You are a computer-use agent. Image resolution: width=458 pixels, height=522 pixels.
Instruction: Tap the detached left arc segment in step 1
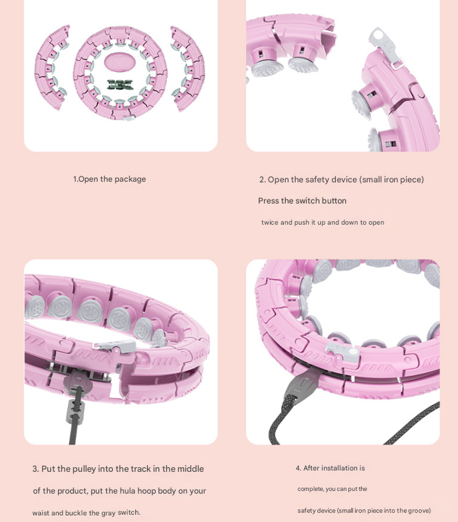[51, 66]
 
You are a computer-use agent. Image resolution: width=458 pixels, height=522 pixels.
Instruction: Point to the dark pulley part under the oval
[119, 85]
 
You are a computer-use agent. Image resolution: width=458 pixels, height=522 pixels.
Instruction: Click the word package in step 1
[130, 179]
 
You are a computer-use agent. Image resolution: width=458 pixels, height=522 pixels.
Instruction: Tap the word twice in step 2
[269, 223]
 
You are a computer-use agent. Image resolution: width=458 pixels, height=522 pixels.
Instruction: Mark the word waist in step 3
[41, 513]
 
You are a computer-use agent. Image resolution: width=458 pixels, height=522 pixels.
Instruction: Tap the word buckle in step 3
[77, 513]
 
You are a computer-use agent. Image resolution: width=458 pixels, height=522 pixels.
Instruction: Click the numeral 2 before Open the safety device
[262, 180]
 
